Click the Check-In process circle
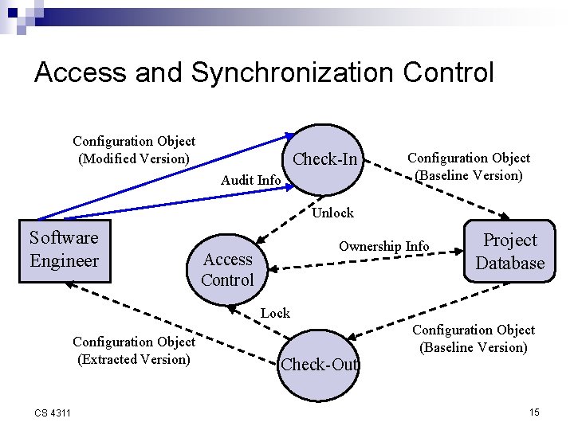pos(324,159)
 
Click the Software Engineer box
pos(64,249)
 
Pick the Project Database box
pos(509,252)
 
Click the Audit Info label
pos(250,180)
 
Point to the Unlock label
pos(332,213)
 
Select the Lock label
pos(275,313)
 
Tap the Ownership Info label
pos(383,246)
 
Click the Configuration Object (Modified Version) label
pos(134,150)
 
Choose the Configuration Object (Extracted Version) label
pos(134,350)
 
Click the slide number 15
pos(534,412)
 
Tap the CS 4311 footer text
pos(53,412)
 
